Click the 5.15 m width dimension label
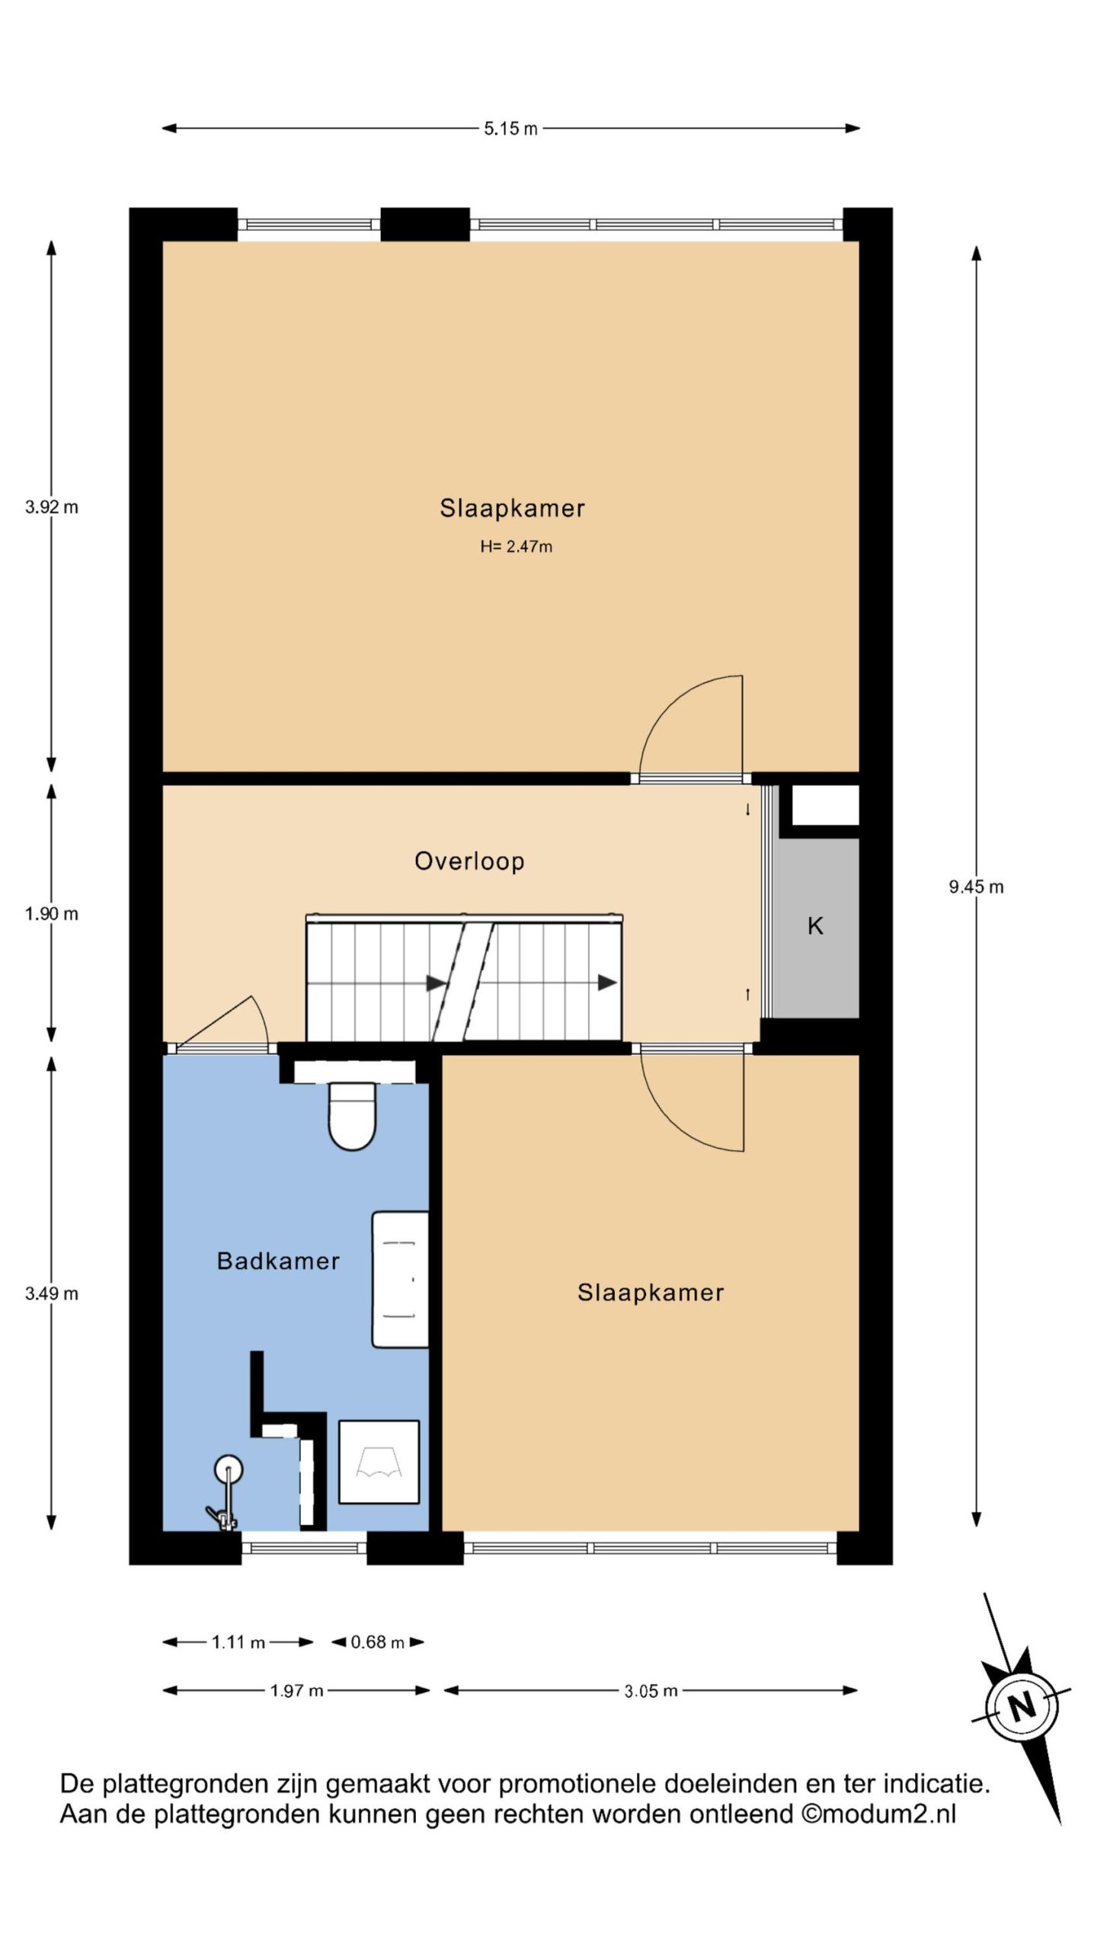pyautogui.click(x=510, y=129)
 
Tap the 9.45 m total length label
pyautogui.click(x=976, y=887)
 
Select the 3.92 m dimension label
pyautogui.click(x=52, y=507)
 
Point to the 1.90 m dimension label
pyautogui.click(x=52, y=914)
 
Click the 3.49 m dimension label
pyautogui.click(x=52, y=1293)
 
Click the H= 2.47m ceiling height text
pyautogui.click(x=516, y=546)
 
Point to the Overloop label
pyautogui.click(x=469, y=862)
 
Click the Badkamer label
pyautogui.click(x=278, y=1261)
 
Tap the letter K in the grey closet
pyautogui.click(x=815, y=926)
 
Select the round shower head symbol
pyautogui.click(x=228, y=1468)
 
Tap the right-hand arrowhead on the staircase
pyautogui.click(x=607, y=983)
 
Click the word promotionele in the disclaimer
pyautogui.click(x=577, y=1785)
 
